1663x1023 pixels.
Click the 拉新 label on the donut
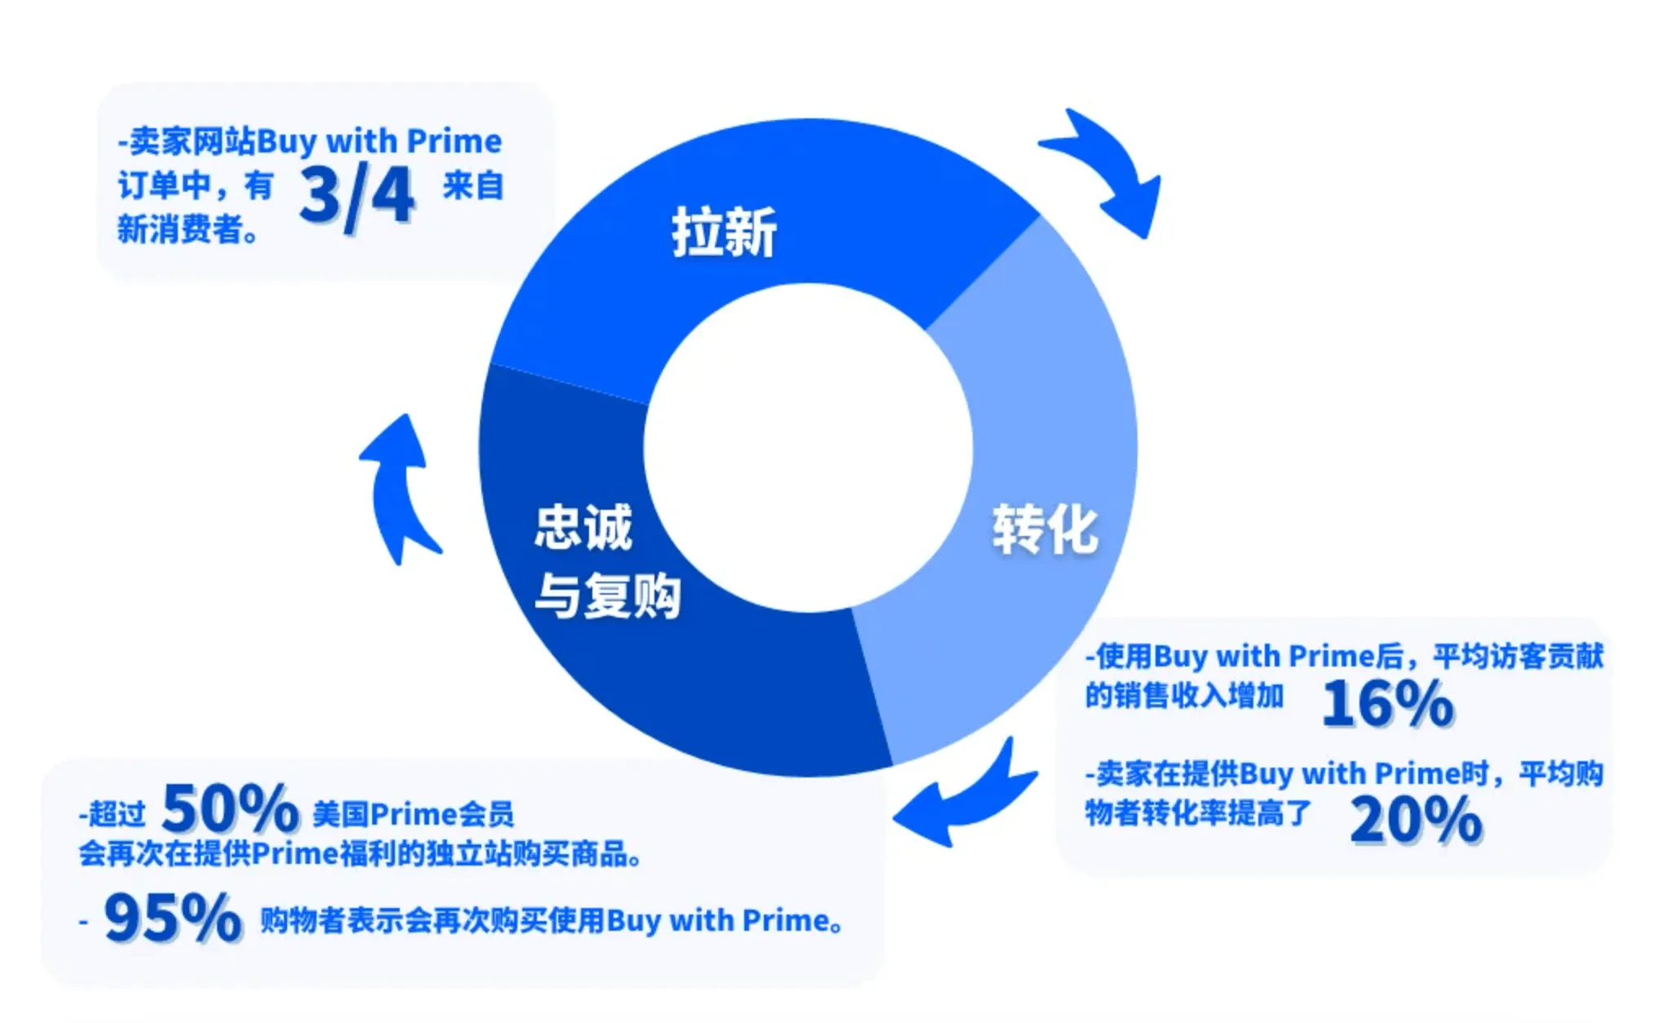(x=724, y=233)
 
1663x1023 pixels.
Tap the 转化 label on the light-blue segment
(x=1044, y=529)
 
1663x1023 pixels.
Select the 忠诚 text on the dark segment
(x=583, y=527)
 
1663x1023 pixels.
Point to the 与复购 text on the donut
(x=607, y=596)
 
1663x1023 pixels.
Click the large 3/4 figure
(x=357, y=196)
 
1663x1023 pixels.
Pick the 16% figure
(x=1387, y=703)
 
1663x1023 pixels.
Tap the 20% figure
(x=1416, y=820)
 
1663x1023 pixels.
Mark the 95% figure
(x=173, y=918)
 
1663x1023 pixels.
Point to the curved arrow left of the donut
(x=400, y=489)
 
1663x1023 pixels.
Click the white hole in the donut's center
(x=808, y=448)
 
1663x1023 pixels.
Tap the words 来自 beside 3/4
(x=473, y=186)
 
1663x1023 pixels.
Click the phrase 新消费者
(x=181, y=229)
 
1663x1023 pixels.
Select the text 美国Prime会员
(x=413, y=814)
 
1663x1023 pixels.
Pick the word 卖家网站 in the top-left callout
(x=193, y=142)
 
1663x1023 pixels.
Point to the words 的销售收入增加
(x=1184, y=696)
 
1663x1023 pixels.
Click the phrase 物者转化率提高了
(x=1197, y=813)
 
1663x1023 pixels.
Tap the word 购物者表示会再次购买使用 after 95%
(x=432, y=921)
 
